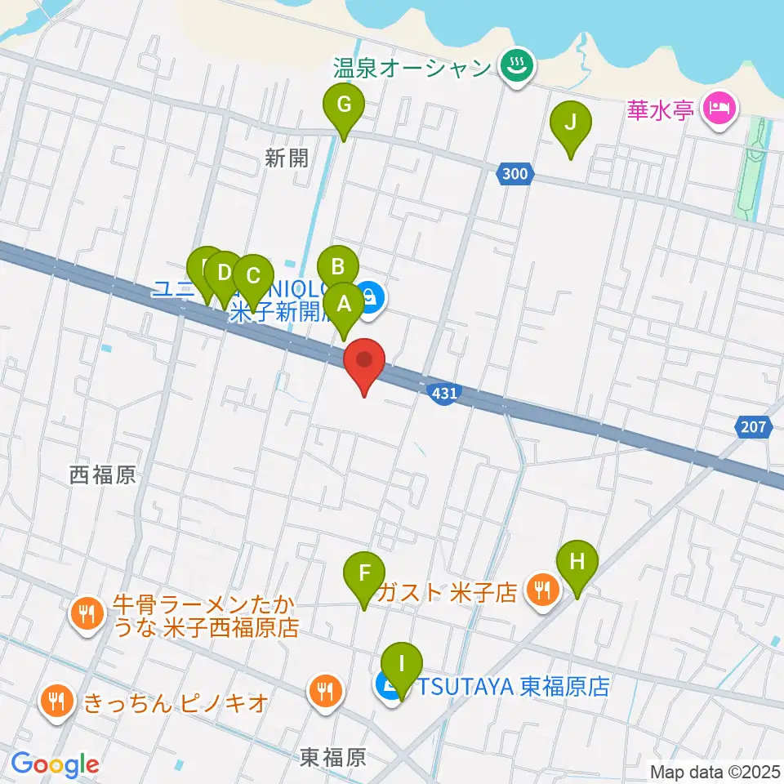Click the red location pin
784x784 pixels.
(366, 363)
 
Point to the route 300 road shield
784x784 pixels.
(514, 173)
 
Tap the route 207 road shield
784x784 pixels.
(754, 425)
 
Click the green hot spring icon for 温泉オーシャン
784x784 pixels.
(517, 67)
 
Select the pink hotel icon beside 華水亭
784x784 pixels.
(719, 107)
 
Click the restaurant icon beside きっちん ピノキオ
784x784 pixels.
(56, 700)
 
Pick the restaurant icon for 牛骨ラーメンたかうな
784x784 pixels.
(87, 613)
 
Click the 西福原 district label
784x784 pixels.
(103, 476)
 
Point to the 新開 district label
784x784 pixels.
(287, 158)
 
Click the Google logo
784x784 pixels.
(55, 764)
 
